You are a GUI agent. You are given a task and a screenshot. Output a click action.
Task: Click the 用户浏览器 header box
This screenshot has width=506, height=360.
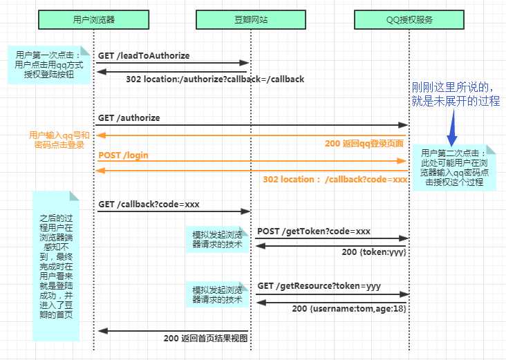click(93, 19)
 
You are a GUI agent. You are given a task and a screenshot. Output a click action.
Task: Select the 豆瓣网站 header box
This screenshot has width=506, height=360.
click(251, 19)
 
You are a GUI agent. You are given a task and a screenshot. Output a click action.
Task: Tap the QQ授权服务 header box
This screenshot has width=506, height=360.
click(409, 19)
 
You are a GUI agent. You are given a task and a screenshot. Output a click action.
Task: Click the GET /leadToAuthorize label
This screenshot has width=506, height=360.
click(144, 56)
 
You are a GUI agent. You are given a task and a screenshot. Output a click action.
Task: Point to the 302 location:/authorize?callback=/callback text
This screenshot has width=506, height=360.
click(215, 79)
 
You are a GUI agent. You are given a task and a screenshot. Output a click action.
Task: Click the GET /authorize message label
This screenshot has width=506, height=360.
click(129, 118)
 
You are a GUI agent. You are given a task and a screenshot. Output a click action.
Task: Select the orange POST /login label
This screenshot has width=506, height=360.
click(123, 155)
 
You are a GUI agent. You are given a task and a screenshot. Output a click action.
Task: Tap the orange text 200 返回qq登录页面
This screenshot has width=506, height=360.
click(364, 144)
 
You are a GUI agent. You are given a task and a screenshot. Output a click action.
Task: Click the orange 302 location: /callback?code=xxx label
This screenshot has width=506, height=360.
click(335, 180)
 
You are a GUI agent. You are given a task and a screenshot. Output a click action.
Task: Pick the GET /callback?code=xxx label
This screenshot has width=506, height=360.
click(149, 205)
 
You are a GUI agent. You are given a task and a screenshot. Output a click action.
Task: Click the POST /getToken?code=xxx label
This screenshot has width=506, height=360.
click(314, 231)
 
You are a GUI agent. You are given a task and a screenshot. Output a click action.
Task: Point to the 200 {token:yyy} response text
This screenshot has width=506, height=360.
click(374, 252)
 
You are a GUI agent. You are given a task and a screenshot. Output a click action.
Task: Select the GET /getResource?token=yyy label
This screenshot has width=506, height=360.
click(319, 286)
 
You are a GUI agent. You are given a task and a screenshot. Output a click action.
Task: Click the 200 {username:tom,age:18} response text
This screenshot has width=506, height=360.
click(349, 309)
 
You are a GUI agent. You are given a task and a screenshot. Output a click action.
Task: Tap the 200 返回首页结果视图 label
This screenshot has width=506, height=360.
click(205, 339)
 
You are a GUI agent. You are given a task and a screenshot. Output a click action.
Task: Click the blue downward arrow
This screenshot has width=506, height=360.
click(453, 127)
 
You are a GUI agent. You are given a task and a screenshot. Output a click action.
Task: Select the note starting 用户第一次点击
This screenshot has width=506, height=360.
click(49, 65)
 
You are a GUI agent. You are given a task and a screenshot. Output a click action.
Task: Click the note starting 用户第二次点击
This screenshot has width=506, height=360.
click(454, 168)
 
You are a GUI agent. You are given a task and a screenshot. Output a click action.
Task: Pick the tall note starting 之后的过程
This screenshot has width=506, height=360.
click(56, 266)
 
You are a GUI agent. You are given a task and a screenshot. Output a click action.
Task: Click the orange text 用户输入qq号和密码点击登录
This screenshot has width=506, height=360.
click(59, 140)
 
